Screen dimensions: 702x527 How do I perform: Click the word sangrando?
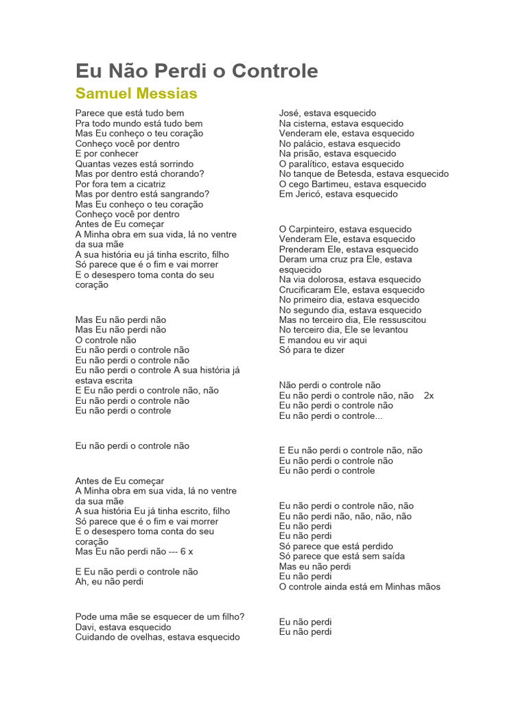coord(185,194)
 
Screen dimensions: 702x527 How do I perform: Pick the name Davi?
coord(85,627)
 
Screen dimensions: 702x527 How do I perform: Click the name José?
coord(289,113)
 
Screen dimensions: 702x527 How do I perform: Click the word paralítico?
coord(314,164)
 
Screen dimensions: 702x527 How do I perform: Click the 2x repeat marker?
coord(430,396)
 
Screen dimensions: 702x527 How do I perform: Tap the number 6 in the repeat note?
coord(183,551)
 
